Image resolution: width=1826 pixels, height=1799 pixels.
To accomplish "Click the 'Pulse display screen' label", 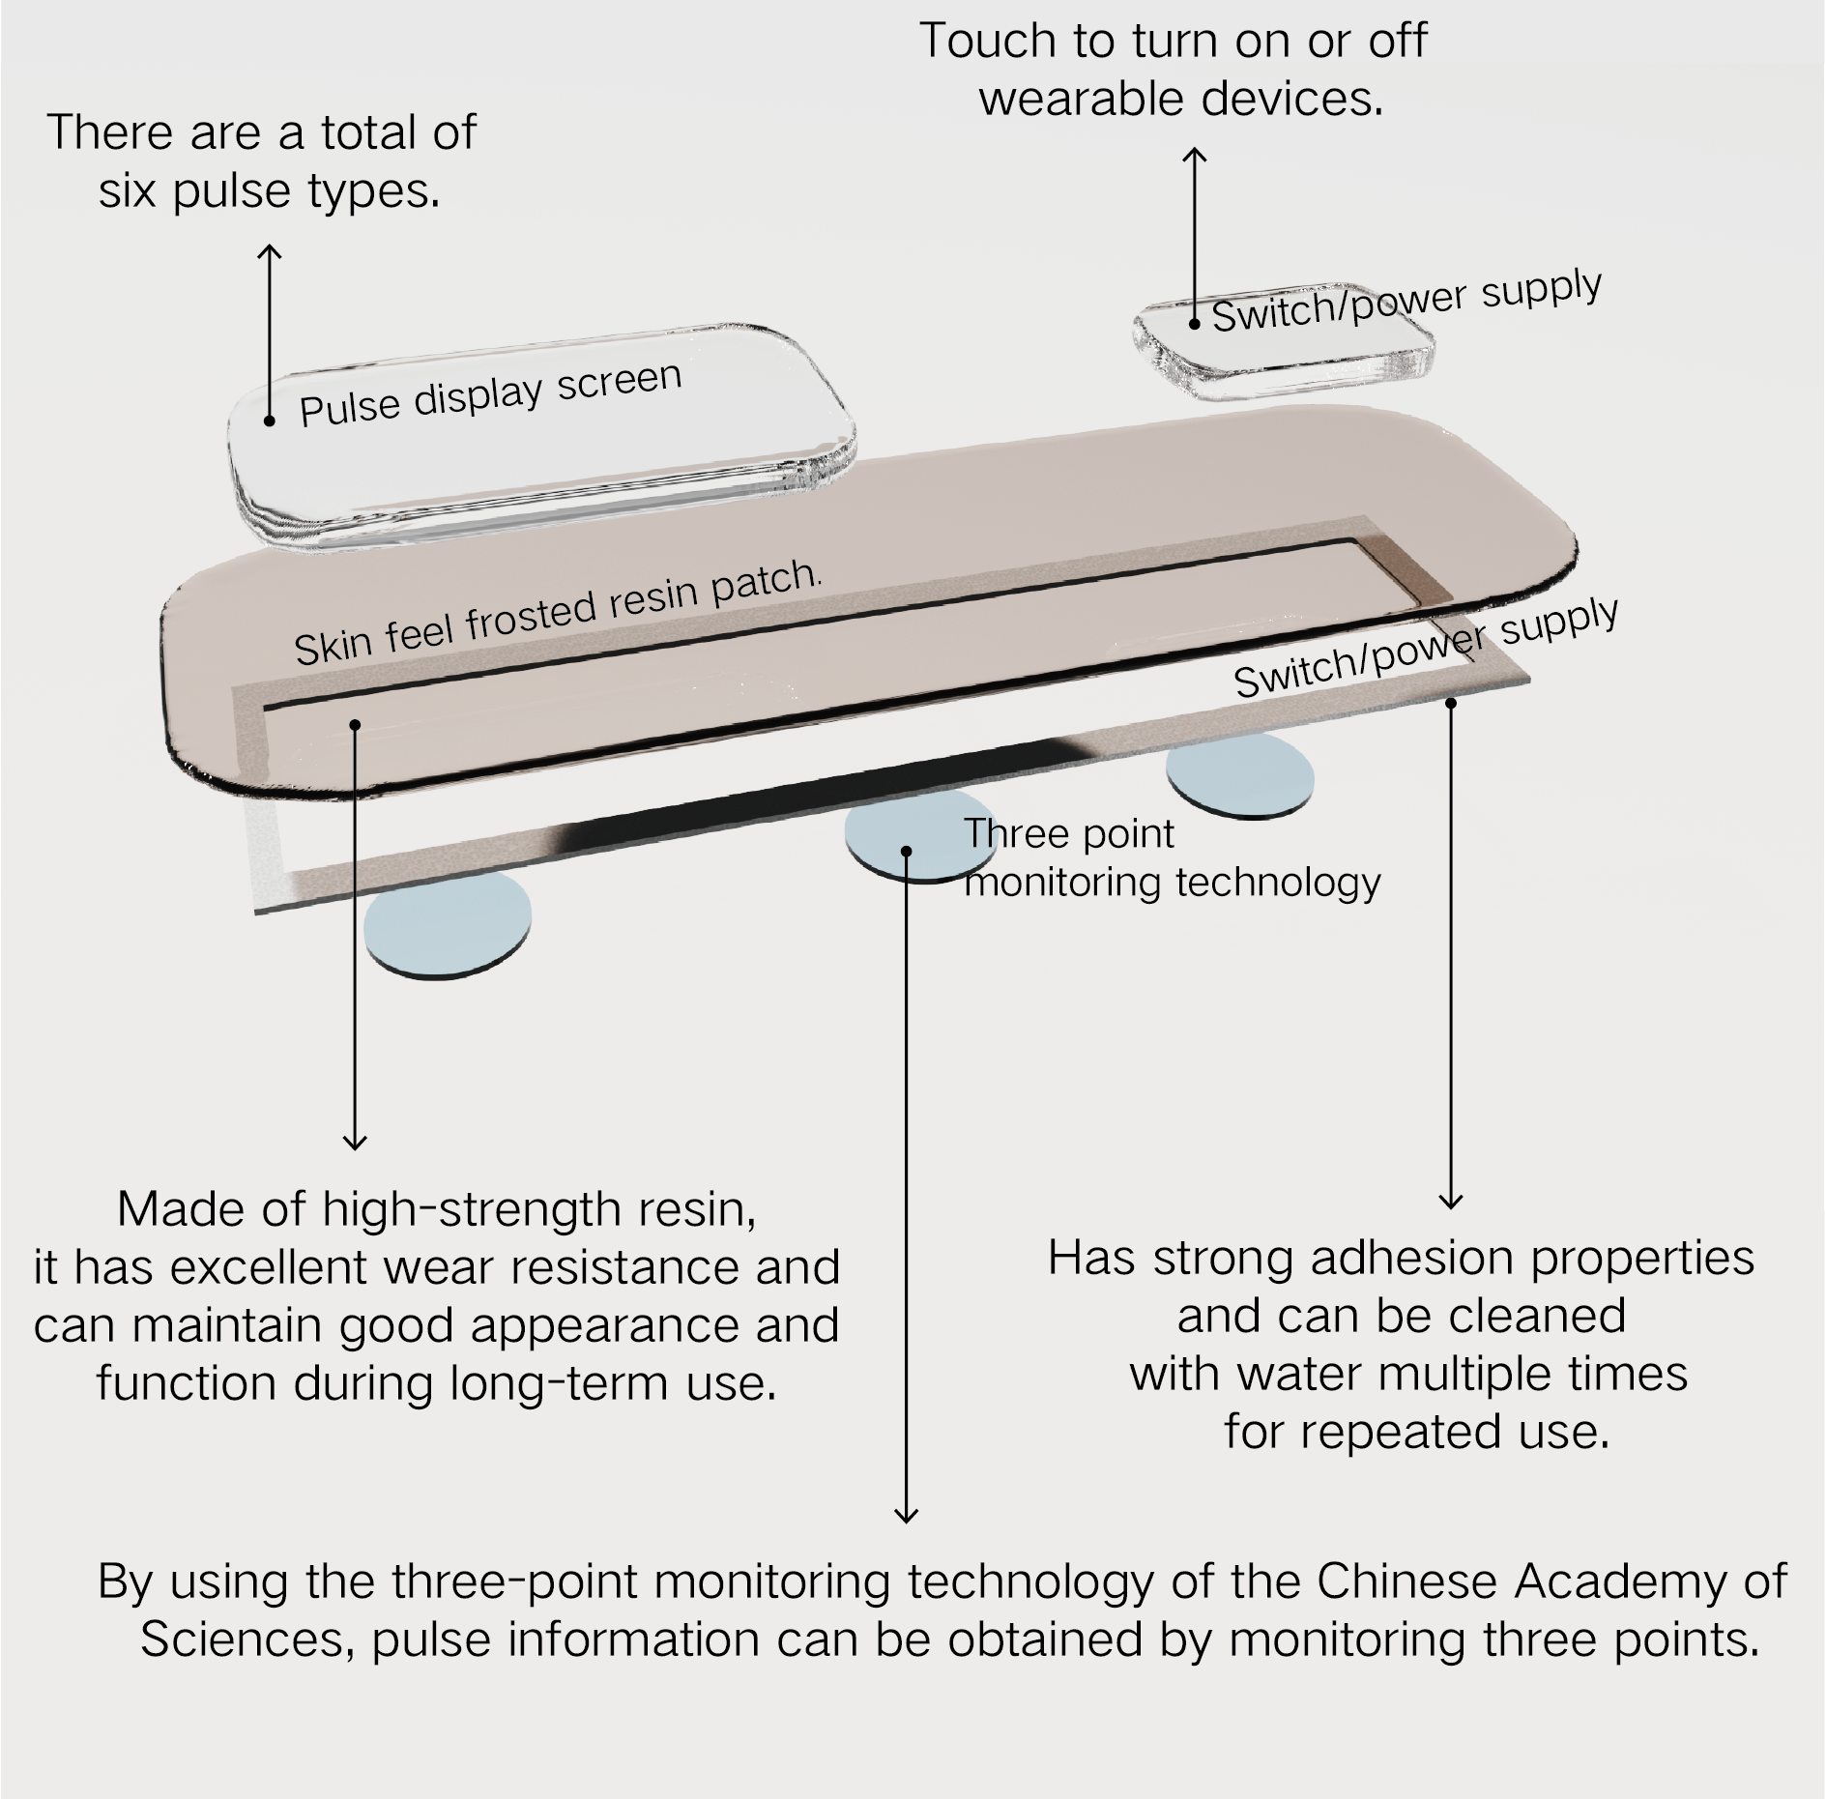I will coord(490,393).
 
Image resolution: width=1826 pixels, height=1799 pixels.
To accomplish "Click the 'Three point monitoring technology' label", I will coord(1172,857).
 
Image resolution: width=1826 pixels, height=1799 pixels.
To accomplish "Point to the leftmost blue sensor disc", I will coord(448,926).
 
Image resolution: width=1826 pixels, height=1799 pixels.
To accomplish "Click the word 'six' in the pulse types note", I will coord(128,190).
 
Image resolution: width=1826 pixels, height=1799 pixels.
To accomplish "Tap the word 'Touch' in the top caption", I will coord(986,41).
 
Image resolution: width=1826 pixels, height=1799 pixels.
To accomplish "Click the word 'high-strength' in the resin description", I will coord(471,1209).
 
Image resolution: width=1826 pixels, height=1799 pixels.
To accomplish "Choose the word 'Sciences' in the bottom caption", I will coord(246,1640).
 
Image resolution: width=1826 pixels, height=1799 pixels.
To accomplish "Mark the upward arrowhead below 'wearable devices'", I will coord(1196,155).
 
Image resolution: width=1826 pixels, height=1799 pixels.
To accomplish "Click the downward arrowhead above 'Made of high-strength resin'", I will coord(355,1143).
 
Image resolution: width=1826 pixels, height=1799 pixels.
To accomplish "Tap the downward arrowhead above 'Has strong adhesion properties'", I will coord(1451,1203).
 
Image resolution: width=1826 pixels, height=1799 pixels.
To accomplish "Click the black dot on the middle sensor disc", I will coord(906,851).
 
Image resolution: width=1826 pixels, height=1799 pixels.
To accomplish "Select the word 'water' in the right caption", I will coord(1299,1375).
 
